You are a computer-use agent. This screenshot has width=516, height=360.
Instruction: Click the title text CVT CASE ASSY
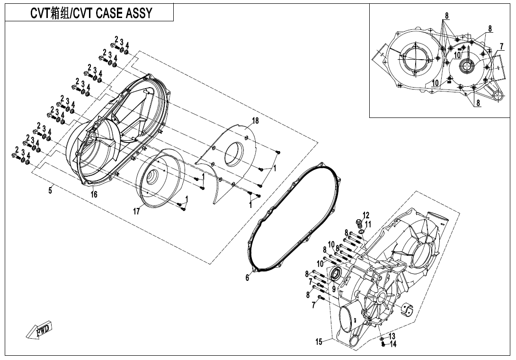[91, 13]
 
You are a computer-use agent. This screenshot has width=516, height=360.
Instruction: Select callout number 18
[255, 121]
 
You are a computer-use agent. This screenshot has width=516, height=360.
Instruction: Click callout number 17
[136, 212]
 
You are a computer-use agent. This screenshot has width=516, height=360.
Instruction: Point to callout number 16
[94, 194]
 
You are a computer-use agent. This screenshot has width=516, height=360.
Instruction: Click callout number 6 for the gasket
[247, 278]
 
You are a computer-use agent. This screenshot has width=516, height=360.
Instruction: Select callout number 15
[319, 342]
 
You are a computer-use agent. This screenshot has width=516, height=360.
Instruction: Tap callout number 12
[366, 215]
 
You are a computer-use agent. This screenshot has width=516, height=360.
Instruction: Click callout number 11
[368, 224]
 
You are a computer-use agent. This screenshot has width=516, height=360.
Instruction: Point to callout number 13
[392, 336]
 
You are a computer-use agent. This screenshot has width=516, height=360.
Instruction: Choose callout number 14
[393, 344]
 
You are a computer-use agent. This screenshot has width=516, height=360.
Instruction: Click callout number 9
[333, 288]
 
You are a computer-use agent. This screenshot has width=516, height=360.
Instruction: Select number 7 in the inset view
[501, 46]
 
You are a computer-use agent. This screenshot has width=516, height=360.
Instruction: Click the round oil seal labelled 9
[336, 273]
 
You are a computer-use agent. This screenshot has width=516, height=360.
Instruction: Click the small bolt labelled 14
[383, 344]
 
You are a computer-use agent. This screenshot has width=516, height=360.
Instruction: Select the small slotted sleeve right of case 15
[407, 309]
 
